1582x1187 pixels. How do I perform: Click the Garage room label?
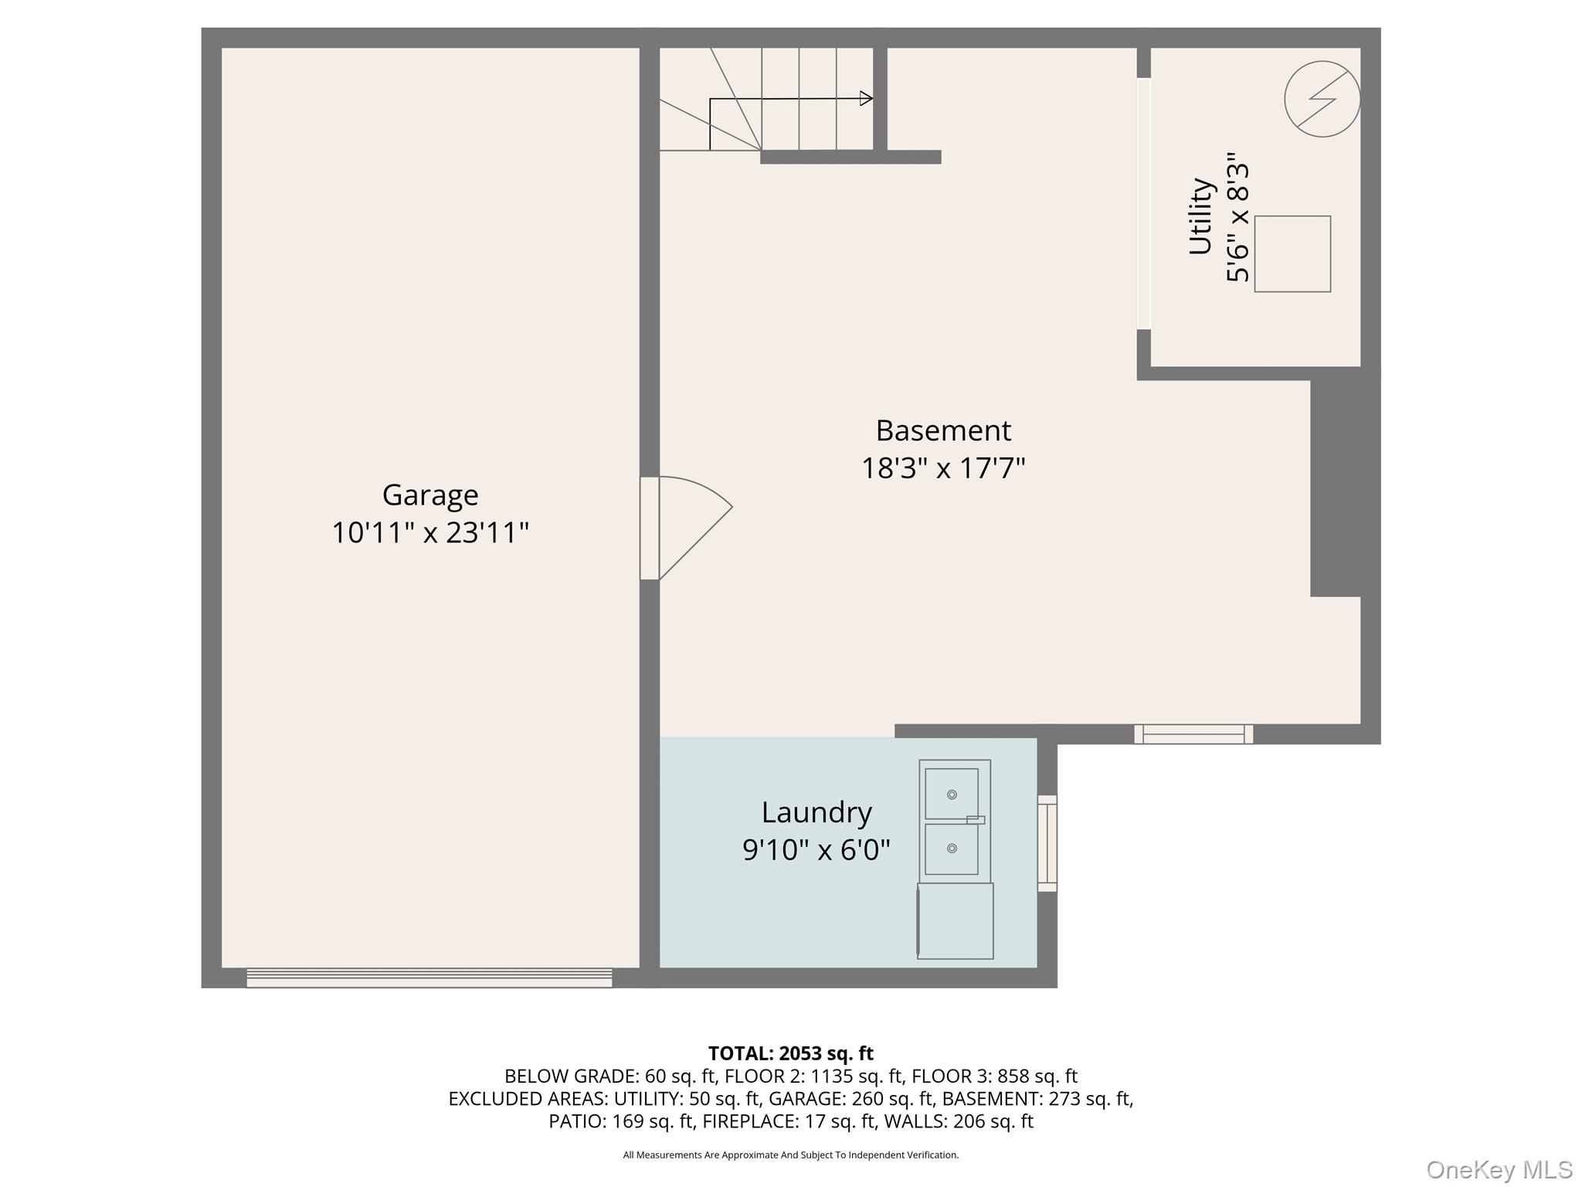point(430,495)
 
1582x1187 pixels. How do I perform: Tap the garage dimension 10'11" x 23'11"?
point(430,532)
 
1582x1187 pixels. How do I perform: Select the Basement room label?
point(943,430)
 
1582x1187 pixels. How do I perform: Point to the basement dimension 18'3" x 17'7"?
point(943,468)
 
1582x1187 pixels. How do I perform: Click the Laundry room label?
point(816,812)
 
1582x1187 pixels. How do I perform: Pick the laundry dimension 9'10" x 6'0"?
point(816,850)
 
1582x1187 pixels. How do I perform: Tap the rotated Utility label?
point(1200,216)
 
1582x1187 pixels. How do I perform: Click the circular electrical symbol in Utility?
point(1322,99)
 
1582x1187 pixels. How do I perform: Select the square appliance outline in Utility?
point(1292,253)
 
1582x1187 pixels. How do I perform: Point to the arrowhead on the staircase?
point(867,98)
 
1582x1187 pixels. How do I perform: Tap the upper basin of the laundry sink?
point(952,794)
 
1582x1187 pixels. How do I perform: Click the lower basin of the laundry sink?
point(952,849)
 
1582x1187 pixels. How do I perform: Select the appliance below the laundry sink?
point(956,921)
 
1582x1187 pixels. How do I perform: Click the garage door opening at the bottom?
point(429,978)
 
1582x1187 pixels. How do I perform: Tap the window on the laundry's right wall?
point(1047,843)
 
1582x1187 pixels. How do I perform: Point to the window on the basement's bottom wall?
point(1193,734)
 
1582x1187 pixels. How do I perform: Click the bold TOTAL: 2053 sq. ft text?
point(790,1053)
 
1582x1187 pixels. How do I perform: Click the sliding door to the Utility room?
point(1144,204)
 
